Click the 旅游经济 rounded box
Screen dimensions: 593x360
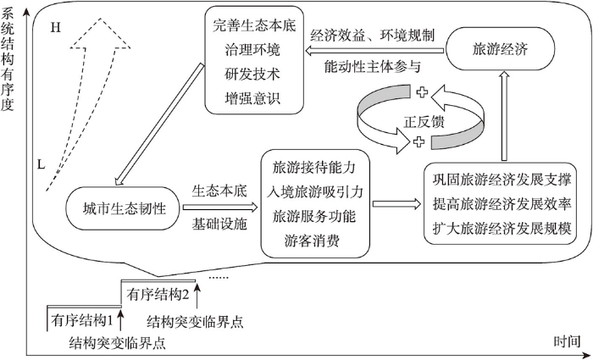click(501, 49)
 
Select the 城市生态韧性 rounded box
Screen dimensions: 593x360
click(124, 208)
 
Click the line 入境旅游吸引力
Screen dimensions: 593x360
click(314, 192)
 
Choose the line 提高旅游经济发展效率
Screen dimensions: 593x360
click(502, 204)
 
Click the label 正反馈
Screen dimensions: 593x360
click(424, 122)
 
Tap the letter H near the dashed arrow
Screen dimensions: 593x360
click(55, 28)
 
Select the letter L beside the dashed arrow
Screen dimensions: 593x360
click(42, 164)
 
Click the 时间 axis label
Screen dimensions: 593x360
click(568, 341)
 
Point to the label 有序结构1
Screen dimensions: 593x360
click(81, 321)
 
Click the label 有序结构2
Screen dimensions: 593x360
click(158, 295)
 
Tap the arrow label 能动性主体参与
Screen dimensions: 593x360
click(373, 67)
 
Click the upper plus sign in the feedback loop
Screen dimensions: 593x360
click(422, 92)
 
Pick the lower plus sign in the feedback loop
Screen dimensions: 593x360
click(418, 141)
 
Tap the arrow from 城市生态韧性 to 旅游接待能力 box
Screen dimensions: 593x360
click(220, 208)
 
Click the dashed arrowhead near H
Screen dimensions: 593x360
click(100, 33)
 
